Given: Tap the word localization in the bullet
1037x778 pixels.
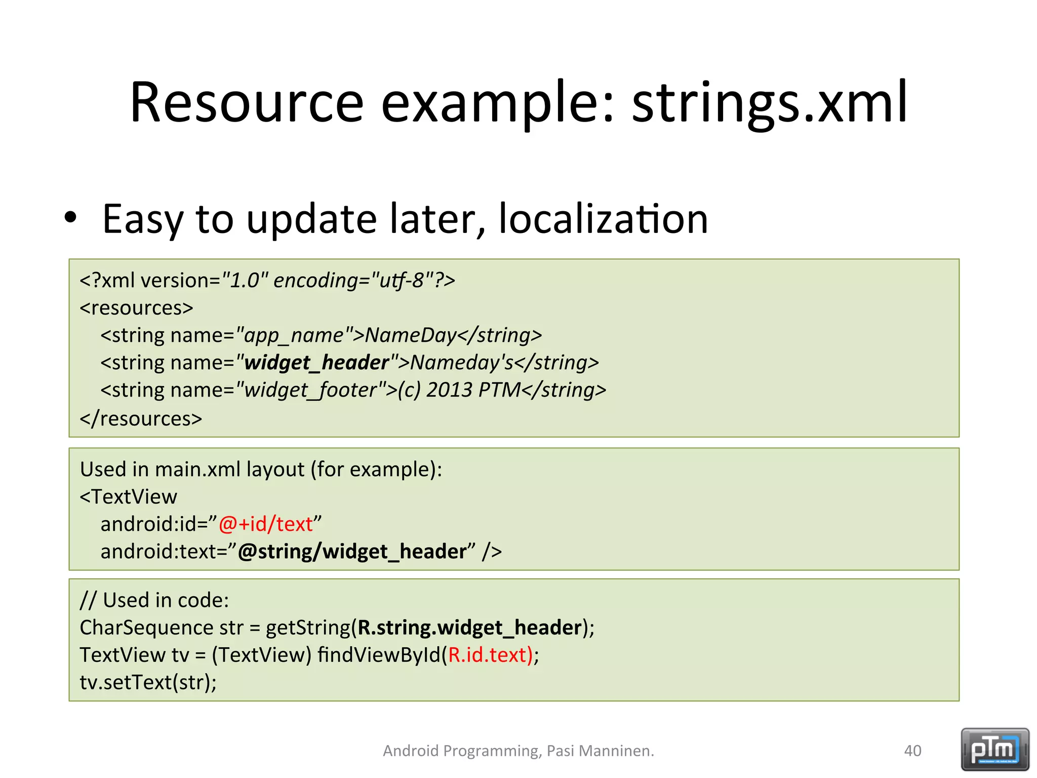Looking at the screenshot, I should (x=603, y=219).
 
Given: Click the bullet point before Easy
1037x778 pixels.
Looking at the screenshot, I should (x=70, y=218).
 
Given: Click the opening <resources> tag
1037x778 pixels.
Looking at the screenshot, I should (x=136, y=308).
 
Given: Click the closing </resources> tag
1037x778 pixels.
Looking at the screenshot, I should (x=141, y=419).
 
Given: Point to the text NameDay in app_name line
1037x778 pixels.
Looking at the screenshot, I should (x=411, y=335).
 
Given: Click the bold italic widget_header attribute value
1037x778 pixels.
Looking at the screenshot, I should (x=316, y=363).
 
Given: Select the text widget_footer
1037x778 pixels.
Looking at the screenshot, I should (x=310, y=390).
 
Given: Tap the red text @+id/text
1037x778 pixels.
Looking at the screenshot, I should (x=266, y=524).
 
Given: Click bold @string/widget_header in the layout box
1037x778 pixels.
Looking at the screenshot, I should (x=352, y=552).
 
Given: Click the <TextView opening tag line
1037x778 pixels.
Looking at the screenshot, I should (x=129, y=497).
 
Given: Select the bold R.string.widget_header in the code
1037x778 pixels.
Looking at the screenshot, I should (x=469, y=628).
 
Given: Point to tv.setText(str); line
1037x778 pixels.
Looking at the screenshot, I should (x=148, y=682).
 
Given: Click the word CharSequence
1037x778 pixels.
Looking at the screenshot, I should (x=146, y=628).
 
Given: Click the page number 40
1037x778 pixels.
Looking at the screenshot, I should (x=912, y=751).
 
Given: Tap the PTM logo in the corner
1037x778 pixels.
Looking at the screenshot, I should (x=994, y=749).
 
